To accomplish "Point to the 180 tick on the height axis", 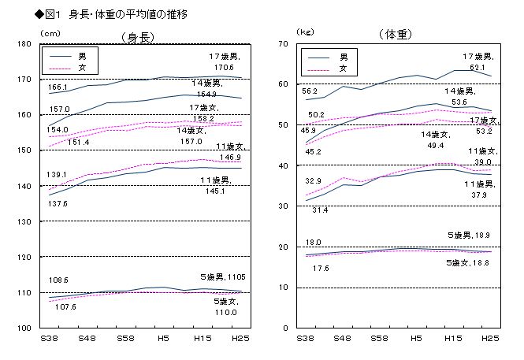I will coord(24,44).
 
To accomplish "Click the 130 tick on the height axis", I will coord(24,221).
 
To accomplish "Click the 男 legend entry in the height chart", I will coord(82,58).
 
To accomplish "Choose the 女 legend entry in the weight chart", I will coord(341,69).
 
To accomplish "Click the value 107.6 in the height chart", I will coord(64,307).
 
